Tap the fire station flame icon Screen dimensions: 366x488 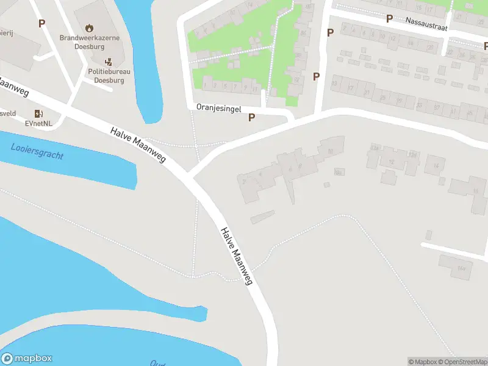tap(90, 27)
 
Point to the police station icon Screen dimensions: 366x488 tap(109, 62)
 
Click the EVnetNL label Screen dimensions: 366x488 tap(38, 123)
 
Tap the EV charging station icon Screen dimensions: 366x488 tap(38, 113)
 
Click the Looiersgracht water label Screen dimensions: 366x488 tap(37, 151)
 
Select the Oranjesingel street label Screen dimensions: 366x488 tap(219, 107)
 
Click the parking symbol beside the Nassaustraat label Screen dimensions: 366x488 tap(389, 19)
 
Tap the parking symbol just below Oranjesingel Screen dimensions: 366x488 tap(251, 118)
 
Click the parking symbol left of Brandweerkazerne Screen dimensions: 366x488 tap(42, 24)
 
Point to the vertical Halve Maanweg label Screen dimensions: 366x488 tap(237, 256)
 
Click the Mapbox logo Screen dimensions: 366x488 tap(27, 359)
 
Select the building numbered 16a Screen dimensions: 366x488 tap(462, 267)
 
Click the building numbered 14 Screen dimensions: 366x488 tap(436, 165)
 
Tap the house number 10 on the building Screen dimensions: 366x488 tap(330, 151)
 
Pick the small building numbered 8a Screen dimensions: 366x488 tap(339, 173)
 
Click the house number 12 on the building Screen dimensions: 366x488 tap(392, 162)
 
